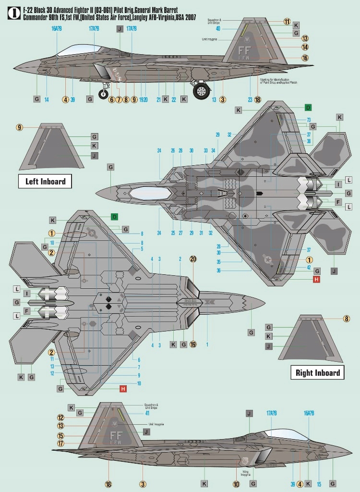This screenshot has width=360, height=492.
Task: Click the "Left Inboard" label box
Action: [45, 182]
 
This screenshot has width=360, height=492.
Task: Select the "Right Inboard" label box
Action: [317, 372]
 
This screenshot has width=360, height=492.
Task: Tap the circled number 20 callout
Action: [193, 258]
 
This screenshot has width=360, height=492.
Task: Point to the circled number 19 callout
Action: [193, 344]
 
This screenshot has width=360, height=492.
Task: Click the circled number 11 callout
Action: [287, 22]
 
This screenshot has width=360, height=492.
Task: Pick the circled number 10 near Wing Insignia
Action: [236, 484]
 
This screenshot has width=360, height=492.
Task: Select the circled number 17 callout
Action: [61, 443]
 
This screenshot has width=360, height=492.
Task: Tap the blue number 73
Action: [309, 120]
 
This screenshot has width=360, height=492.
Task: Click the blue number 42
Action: [310, 268]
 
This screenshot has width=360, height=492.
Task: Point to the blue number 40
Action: [218, 28]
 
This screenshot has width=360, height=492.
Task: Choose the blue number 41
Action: [147, 413]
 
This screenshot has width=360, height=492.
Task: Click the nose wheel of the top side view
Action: [104, 94]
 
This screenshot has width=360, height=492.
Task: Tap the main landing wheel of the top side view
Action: [202, 91]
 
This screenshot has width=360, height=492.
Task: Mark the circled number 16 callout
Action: [305, 58]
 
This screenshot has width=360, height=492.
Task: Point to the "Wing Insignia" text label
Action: [246, 473]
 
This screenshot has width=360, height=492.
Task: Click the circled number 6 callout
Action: [111, 100]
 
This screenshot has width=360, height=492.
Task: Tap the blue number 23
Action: [250, 100]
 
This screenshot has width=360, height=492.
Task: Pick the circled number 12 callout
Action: [61, 418]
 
